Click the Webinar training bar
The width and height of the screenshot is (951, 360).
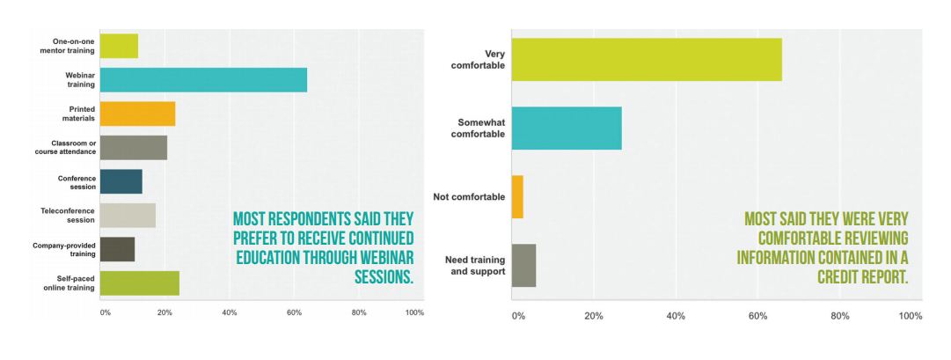click(x=203, y=79)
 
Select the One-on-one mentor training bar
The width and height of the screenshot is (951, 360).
click(x=119, y=45)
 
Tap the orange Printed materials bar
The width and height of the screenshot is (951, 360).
click(x=137, y=114)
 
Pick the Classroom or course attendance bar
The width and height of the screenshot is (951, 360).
click(x=134, y=148)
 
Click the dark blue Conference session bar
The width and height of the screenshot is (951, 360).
click(x=121, y=181)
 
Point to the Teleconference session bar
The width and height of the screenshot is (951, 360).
click(x=128, y=216)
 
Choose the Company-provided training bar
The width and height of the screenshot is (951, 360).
click(x=118, y=249)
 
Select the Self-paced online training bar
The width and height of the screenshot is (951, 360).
click(x=140, y=283)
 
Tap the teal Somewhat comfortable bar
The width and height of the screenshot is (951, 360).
click(x=567, y=128)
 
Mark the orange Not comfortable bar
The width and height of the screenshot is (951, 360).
click(x=517, y=196)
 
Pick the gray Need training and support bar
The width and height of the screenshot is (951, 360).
click(x=523, y=265)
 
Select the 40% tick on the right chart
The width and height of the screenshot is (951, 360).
click(x=676, y=317)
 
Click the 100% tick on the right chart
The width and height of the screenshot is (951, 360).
click(x=911, y=317)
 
